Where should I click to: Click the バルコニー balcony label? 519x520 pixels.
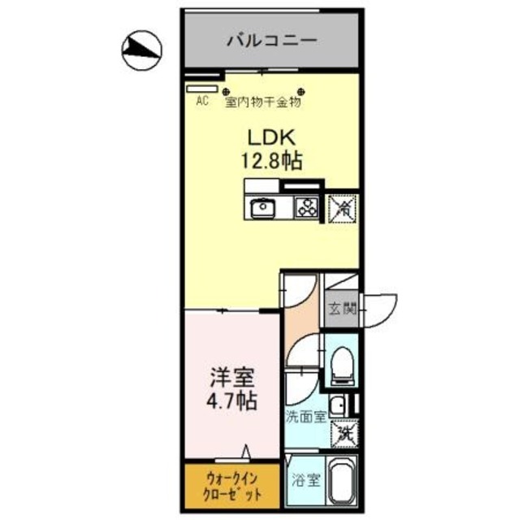pos(272,41)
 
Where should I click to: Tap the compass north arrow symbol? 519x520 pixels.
pos(142,50)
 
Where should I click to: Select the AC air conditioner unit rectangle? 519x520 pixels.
pos(201,89)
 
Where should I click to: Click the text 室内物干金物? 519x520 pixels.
pos(263,102)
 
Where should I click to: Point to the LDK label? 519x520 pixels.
pos(272,137)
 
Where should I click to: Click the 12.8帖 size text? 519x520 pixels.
pos(271,162)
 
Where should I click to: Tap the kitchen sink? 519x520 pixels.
pos(263,208)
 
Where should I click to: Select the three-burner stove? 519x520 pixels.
pos(306,208)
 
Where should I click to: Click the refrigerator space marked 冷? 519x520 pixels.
pos(343,209)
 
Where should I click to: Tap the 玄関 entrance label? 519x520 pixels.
pos(343,309)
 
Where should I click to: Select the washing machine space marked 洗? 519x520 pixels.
pos(344,434)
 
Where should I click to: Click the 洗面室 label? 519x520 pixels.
pos(306,417)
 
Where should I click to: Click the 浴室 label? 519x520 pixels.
pos(305,480)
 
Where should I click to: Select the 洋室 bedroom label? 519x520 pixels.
pos(232,378)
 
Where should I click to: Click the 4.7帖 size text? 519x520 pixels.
pos(231,401)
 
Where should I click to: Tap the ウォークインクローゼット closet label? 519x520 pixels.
pos(232,487)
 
